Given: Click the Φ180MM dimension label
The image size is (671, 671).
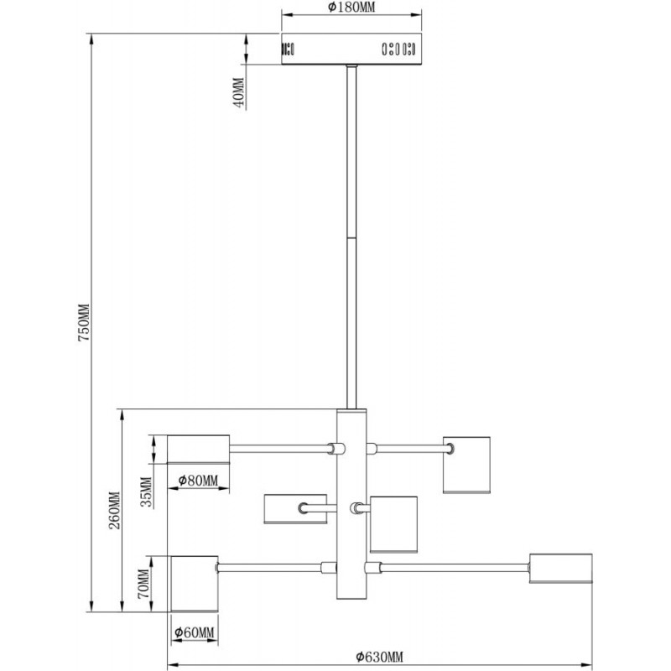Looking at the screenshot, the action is pyautogui.click(x=351, y=8).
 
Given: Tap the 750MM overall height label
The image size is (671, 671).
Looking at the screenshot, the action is pyautogui.click(x=84, y=322).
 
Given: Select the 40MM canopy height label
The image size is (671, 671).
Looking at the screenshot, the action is pyautogui.click(x=239, y=92).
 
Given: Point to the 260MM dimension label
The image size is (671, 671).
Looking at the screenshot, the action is pyautogui.click(x=115, y=511).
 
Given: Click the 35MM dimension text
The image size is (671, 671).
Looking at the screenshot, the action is pyautogui.click(x=147, y=492).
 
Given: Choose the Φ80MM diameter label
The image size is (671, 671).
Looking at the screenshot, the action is pyautogui.click(x=198, y=481).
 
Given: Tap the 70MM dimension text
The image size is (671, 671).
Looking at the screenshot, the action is pyautogui.click(x=143, y=584).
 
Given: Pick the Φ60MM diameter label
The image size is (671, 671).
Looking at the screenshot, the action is pyautogui.click(x=195, y=632).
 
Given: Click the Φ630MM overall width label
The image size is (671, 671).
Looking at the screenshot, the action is pyautogui.click(x=379, y=657).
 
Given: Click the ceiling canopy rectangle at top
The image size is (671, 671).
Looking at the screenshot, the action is pyautogui.click(x=351, y=49).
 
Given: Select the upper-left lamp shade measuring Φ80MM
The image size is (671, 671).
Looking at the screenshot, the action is pyautogui.click(x=198, y=450).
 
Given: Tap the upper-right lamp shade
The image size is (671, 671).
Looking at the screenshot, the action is pyautogui.click(x=466, y=466).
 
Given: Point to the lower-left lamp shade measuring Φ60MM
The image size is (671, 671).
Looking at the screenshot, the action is pyautogui.click(x=195, y=584).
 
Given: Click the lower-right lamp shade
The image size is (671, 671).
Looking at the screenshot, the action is pyautogui.click(x=560, y=569).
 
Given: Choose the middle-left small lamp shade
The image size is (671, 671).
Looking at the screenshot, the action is pyautogui.click(x=295, y=509).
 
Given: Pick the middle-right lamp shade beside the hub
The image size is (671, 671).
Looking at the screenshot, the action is pyautogui.click(x=393, y=525).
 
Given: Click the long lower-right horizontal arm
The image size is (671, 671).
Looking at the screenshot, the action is pyautogui.click(x=455, y=568).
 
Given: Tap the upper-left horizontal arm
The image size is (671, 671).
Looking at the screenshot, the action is pyautogui.click(x=279, y=449).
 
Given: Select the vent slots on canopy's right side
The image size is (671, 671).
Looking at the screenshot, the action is pyautogui.click(x=398, y=49).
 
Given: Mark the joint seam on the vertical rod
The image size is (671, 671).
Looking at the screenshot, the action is pyautogui.click(x=351, y=238).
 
